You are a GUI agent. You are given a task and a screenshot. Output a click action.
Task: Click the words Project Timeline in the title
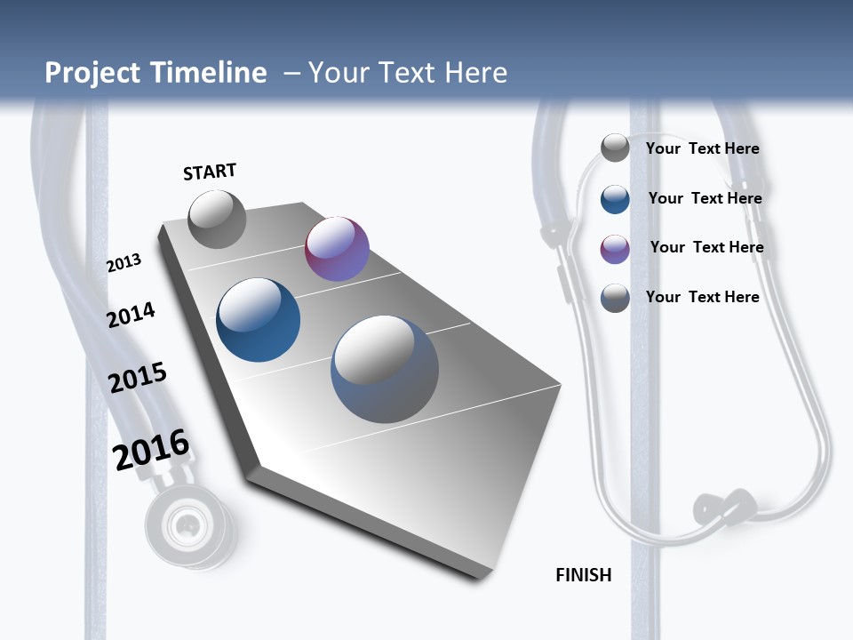coord(155,73)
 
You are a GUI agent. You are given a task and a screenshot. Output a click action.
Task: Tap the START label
coord(210,172)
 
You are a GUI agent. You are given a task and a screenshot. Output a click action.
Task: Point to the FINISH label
coord(583,575)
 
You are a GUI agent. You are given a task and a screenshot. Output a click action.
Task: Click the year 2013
coord(124,263)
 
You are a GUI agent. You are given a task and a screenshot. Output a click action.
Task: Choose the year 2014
coord(132,315)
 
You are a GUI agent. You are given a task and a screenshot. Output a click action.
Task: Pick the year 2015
coord(138,378)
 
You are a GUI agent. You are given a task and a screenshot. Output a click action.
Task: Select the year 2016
coord(151,450)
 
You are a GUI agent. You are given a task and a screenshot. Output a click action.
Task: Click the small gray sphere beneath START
coord(217,219)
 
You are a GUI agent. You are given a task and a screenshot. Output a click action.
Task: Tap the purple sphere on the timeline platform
coord(337,249)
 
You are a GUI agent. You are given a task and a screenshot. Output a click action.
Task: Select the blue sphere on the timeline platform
coord(259,320)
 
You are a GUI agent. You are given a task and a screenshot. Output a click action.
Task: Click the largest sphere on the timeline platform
coord(385,369)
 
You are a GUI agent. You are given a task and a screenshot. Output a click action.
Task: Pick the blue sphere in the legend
coord(615,199)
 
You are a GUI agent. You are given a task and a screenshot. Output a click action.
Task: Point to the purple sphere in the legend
coord(615,249)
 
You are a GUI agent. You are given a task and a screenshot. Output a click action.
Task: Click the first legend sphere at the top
coord(615,148)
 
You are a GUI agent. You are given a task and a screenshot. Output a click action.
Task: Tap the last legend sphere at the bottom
coord(615,298)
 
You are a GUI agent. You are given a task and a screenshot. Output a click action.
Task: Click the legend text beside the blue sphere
coord(705,198)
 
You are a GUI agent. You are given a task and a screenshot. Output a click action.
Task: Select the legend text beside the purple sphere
coord(706,247)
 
